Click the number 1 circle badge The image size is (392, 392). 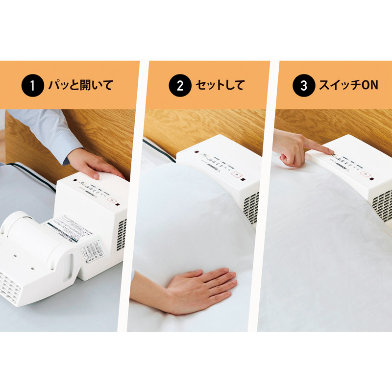(x=33, y=86)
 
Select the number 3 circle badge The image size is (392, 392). (x=303, y=86)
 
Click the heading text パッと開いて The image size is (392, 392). (x=80, y=86)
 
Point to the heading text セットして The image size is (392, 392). (x=220, y=86)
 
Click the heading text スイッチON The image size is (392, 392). (x=348, y=86)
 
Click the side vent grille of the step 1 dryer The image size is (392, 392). (x=122, y=235)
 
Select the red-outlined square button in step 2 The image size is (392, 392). (x=236, y=173)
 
